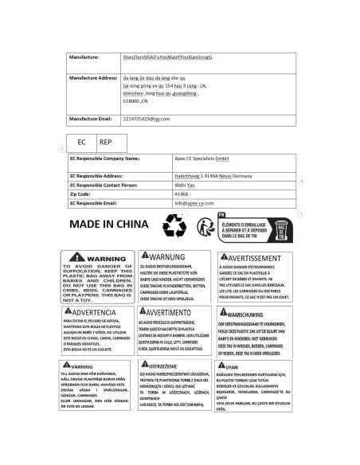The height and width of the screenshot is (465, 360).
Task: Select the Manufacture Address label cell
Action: point(93,79)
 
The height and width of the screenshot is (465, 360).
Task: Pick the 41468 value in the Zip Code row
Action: point(182,193)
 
